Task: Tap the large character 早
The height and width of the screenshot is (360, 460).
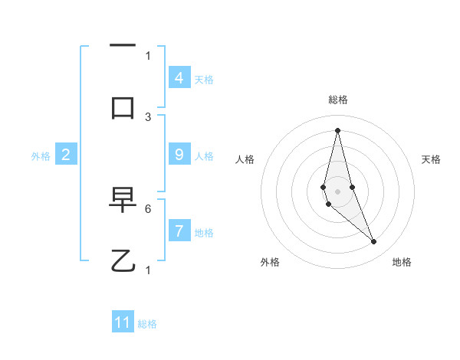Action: [x=123, y=200]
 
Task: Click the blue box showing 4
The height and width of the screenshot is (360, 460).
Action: [x=179, y=77]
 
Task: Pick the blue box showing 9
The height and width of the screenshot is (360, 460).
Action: [x=179, y=155]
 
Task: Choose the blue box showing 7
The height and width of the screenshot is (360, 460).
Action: [x=179, y=231]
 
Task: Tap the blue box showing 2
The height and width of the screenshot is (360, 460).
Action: [x=66, y=155]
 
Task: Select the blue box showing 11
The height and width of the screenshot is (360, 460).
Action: [x=123, y=322]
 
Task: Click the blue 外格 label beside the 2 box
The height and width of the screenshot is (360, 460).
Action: [x=41, y=156]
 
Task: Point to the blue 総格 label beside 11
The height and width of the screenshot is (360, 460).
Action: [x=147, y=324]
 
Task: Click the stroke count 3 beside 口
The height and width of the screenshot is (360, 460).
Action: [x=148, y=116]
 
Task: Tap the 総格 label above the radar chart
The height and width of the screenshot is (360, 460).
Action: [x=338, y=100]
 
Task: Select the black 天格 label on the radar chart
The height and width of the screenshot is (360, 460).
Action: [x=431, y=159]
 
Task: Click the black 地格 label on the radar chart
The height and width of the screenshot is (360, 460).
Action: [x=402, y=262]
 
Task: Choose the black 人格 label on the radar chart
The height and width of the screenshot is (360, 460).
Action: [x=245, y=159]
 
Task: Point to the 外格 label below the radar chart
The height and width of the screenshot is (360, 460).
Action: [x=270, y=262]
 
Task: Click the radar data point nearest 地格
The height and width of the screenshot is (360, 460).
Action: [x=374, y=242]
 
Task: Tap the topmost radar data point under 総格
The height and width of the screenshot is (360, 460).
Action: [x=337, y=129]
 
